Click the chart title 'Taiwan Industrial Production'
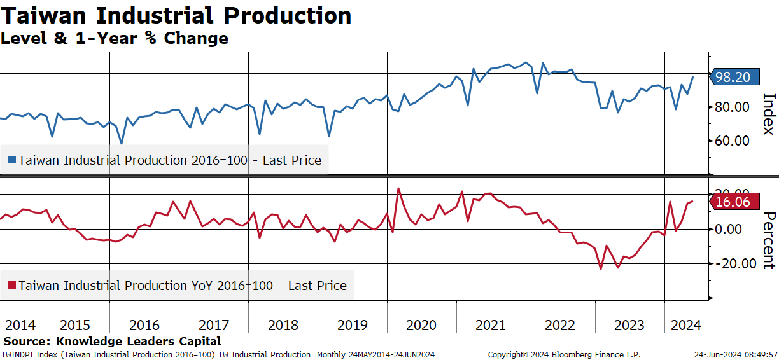click(176, 16)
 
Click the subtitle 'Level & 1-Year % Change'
click(115, 38)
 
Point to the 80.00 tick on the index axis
click(732, 107)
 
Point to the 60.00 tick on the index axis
click(732, 141)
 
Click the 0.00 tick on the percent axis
click(728, 230)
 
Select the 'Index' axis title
click(769, 114)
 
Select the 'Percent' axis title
click(769, 240)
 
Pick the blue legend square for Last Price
click(12, 160)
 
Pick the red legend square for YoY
click(12, 286)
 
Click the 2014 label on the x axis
click(20, 325)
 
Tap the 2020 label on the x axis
click(421, 325)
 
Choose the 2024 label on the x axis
click(686, 325)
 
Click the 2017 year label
click(214, 325)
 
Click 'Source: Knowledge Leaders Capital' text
click(112, 341)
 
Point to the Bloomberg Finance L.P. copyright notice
click(564, 355)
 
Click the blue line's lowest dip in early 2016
click(122, 143)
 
